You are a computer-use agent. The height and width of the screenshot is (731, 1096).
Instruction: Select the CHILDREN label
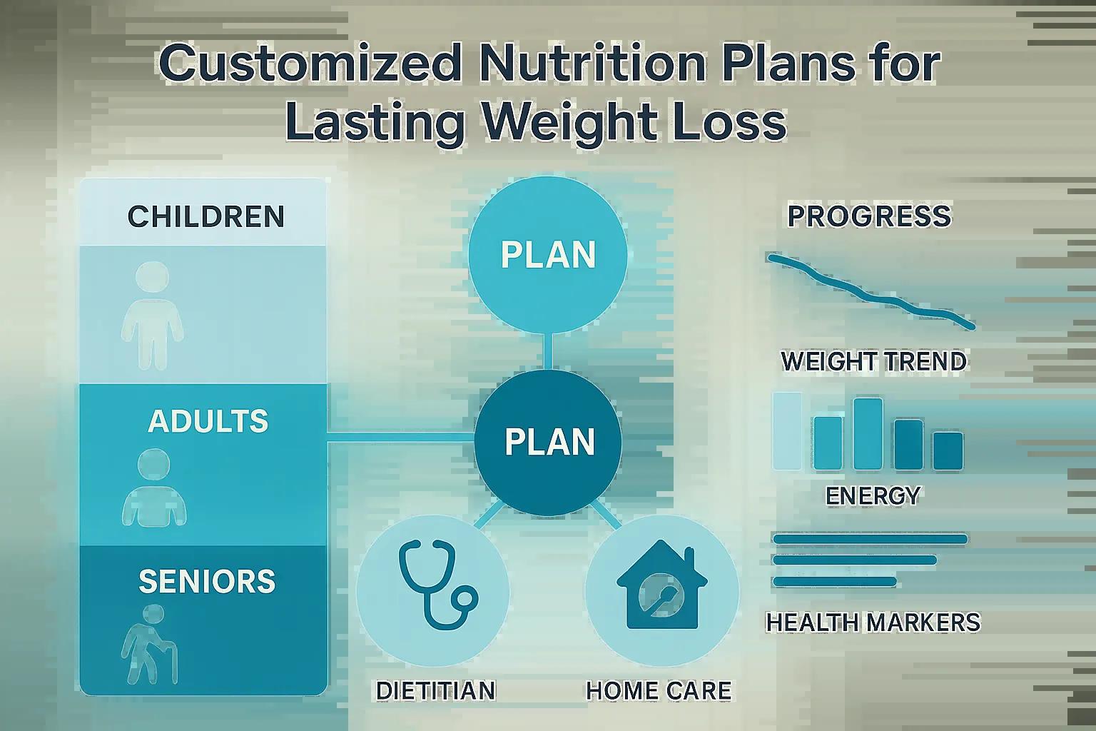point(205,217)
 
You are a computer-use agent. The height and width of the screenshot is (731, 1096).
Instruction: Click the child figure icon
point(151,314)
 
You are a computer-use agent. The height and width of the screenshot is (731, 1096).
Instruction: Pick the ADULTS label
point(208,421)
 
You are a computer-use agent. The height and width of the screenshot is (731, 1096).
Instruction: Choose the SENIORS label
point(206,582)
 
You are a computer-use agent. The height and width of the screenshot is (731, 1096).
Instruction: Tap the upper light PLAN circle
point(547,255)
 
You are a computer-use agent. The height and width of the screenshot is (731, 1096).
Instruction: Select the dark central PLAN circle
point(549,443)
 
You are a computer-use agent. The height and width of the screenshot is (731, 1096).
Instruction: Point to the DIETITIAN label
point(435,691)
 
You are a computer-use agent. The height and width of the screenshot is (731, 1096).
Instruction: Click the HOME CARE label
point(659,691)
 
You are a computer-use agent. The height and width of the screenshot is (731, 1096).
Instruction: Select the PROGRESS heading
point(869,216)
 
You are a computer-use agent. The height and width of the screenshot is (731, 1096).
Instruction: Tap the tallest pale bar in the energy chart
point(787,430)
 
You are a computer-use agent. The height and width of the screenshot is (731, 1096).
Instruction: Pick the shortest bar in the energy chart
point(948,450)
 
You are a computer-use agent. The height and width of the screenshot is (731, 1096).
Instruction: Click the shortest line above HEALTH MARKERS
point(834,582)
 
